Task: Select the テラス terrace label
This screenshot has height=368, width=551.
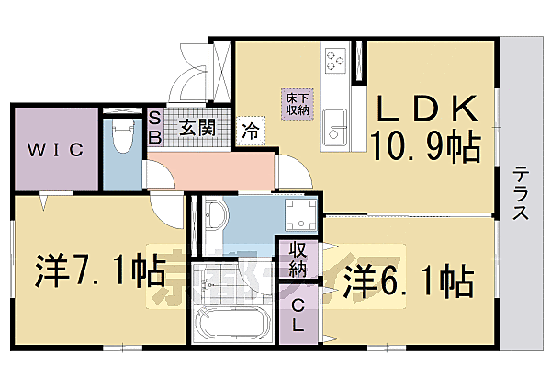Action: [521, 193]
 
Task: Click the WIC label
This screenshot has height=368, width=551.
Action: [54, 149]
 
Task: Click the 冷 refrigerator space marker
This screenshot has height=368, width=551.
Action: [250, 131]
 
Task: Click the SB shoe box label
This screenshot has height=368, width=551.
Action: [155, 128]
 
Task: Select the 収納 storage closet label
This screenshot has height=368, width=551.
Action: [298, 260]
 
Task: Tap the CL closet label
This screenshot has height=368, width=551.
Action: [299, 316]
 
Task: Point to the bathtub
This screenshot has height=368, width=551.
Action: [231, 328]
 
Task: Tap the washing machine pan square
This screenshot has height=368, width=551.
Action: [298, 217]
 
